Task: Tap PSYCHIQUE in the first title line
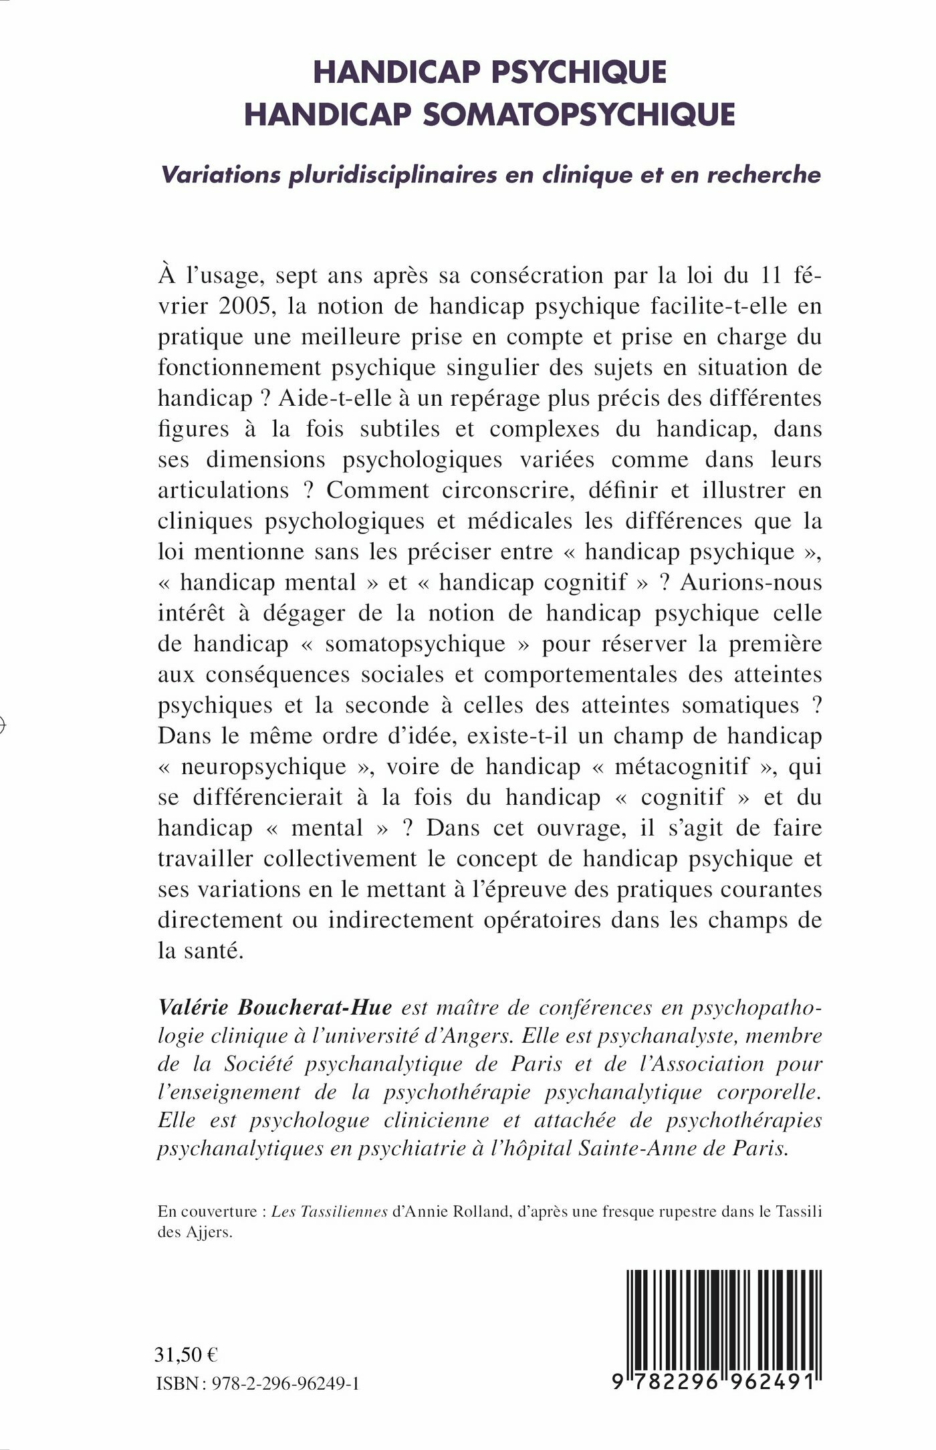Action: pyautogui.click(x=579, y=72)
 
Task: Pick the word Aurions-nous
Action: pyautogui.click(x=751, y=582)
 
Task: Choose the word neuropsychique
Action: pyautogui.click(x=264, y=767)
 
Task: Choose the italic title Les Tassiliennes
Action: pyautogui.click(x=330, y=1211)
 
